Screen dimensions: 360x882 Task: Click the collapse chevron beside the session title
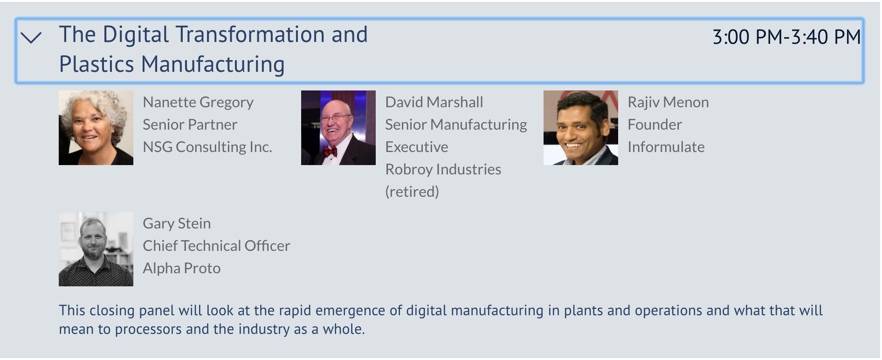(31, 37)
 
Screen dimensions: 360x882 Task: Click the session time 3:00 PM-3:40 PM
(786, 37)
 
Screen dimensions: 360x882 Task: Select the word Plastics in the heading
(97, 64)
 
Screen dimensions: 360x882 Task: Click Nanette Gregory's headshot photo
(96, 128)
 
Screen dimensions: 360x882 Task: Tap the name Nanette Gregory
(198, 102)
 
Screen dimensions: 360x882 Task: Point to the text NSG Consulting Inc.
(207, 147)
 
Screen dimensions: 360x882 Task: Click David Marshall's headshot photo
(338, 128)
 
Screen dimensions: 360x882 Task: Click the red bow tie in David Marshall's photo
(331, 151)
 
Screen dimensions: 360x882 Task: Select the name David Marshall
(434, 102)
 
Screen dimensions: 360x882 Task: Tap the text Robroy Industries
(443, 169)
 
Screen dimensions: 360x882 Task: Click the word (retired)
(412, 192)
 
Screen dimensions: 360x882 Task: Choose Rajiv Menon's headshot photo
(581, 128)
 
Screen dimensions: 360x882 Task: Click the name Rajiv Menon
(668, 102)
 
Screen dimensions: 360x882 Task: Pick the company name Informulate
(666, 147)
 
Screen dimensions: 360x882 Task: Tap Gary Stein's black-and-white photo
(96, 249)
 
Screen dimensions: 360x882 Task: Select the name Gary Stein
(177, 223)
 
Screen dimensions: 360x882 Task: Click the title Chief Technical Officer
(216, 246)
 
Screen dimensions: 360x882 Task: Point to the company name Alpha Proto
(182, 268)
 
